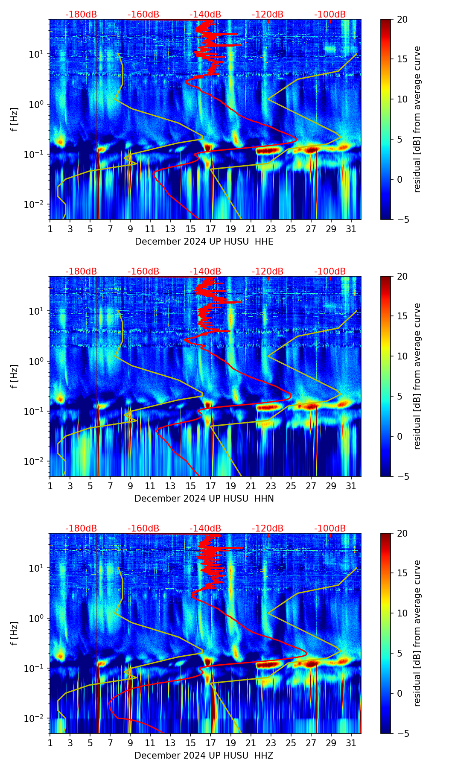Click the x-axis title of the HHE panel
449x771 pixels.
point(204,242)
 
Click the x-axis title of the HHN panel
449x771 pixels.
point(204,499)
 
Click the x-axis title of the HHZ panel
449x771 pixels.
point(204,756)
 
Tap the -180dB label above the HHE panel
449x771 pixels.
point(81,15)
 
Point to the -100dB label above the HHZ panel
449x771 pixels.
point(330,529)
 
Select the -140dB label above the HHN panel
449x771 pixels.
point(205,272)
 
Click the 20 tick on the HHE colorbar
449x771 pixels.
point(402,19)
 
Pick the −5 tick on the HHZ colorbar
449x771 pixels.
point(402,733)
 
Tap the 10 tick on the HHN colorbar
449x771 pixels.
point(402,356)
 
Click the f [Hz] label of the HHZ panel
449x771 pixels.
point(15,634)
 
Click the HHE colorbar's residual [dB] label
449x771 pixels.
point(417,119)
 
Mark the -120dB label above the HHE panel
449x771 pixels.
point(268,15)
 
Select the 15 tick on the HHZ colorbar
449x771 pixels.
point(402,573)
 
